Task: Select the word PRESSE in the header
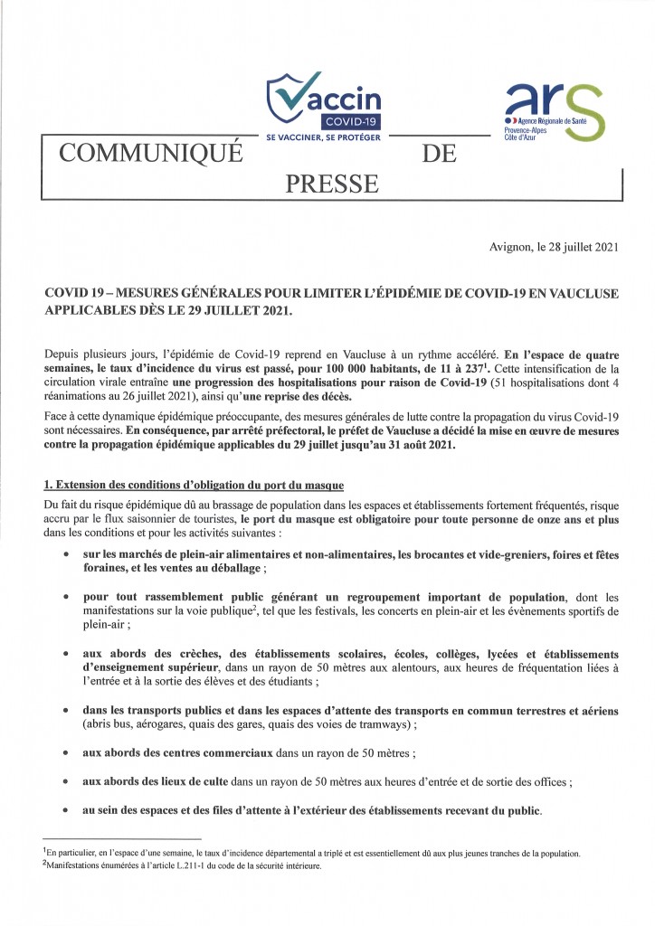point(331,184)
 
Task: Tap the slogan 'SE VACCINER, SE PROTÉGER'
point(323,137)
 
